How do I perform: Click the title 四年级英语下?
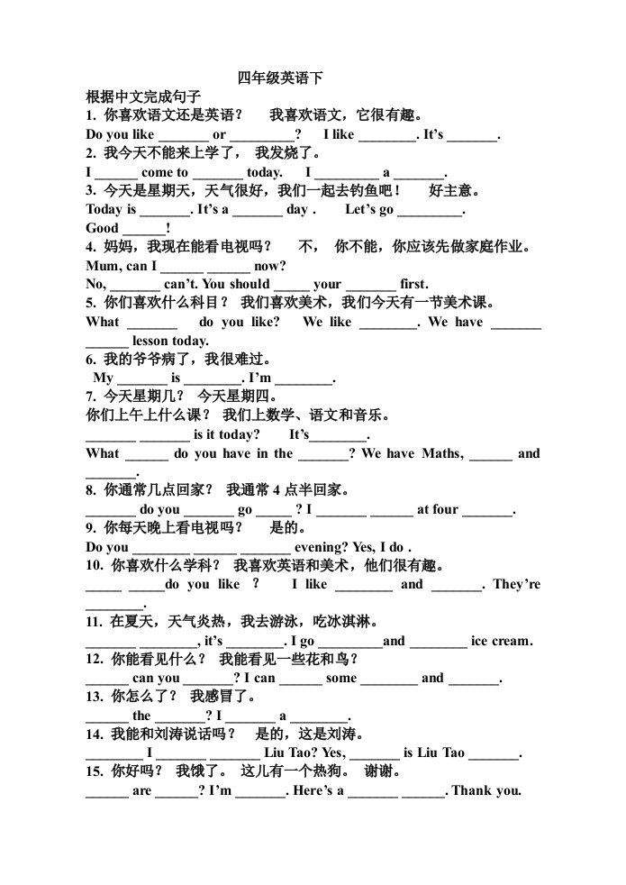(x=280, y=78)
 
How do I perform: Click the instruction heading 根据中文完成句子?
(x=143, y=96)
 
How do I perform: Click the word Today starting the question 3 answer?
(x=104, y=209)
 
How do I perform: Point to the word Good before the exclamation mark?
(x=102, y=228)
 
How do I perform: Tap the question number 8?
(x=91, y=490)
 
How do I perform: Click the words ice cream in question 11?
(x=502, y=641)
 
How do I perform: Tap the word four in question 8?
(x=446, y=510)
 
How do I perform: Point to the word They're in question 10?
(x=517, y=584)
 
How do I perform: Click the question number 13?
(x=95, y=697)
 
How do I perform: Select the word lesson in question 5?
(x=150, y=341)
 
